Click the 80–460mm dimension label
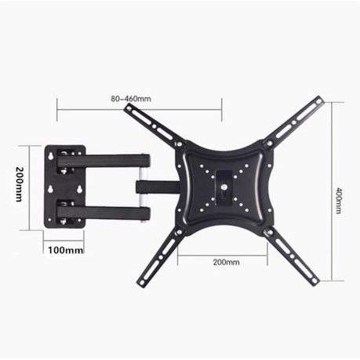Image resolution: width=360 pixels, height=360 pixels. point(131,99)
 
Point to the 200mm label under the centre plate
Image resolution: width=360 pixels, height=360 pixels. point(227,263)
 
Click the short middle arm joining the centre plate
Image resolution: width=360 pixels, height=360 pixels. point(155,187)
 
